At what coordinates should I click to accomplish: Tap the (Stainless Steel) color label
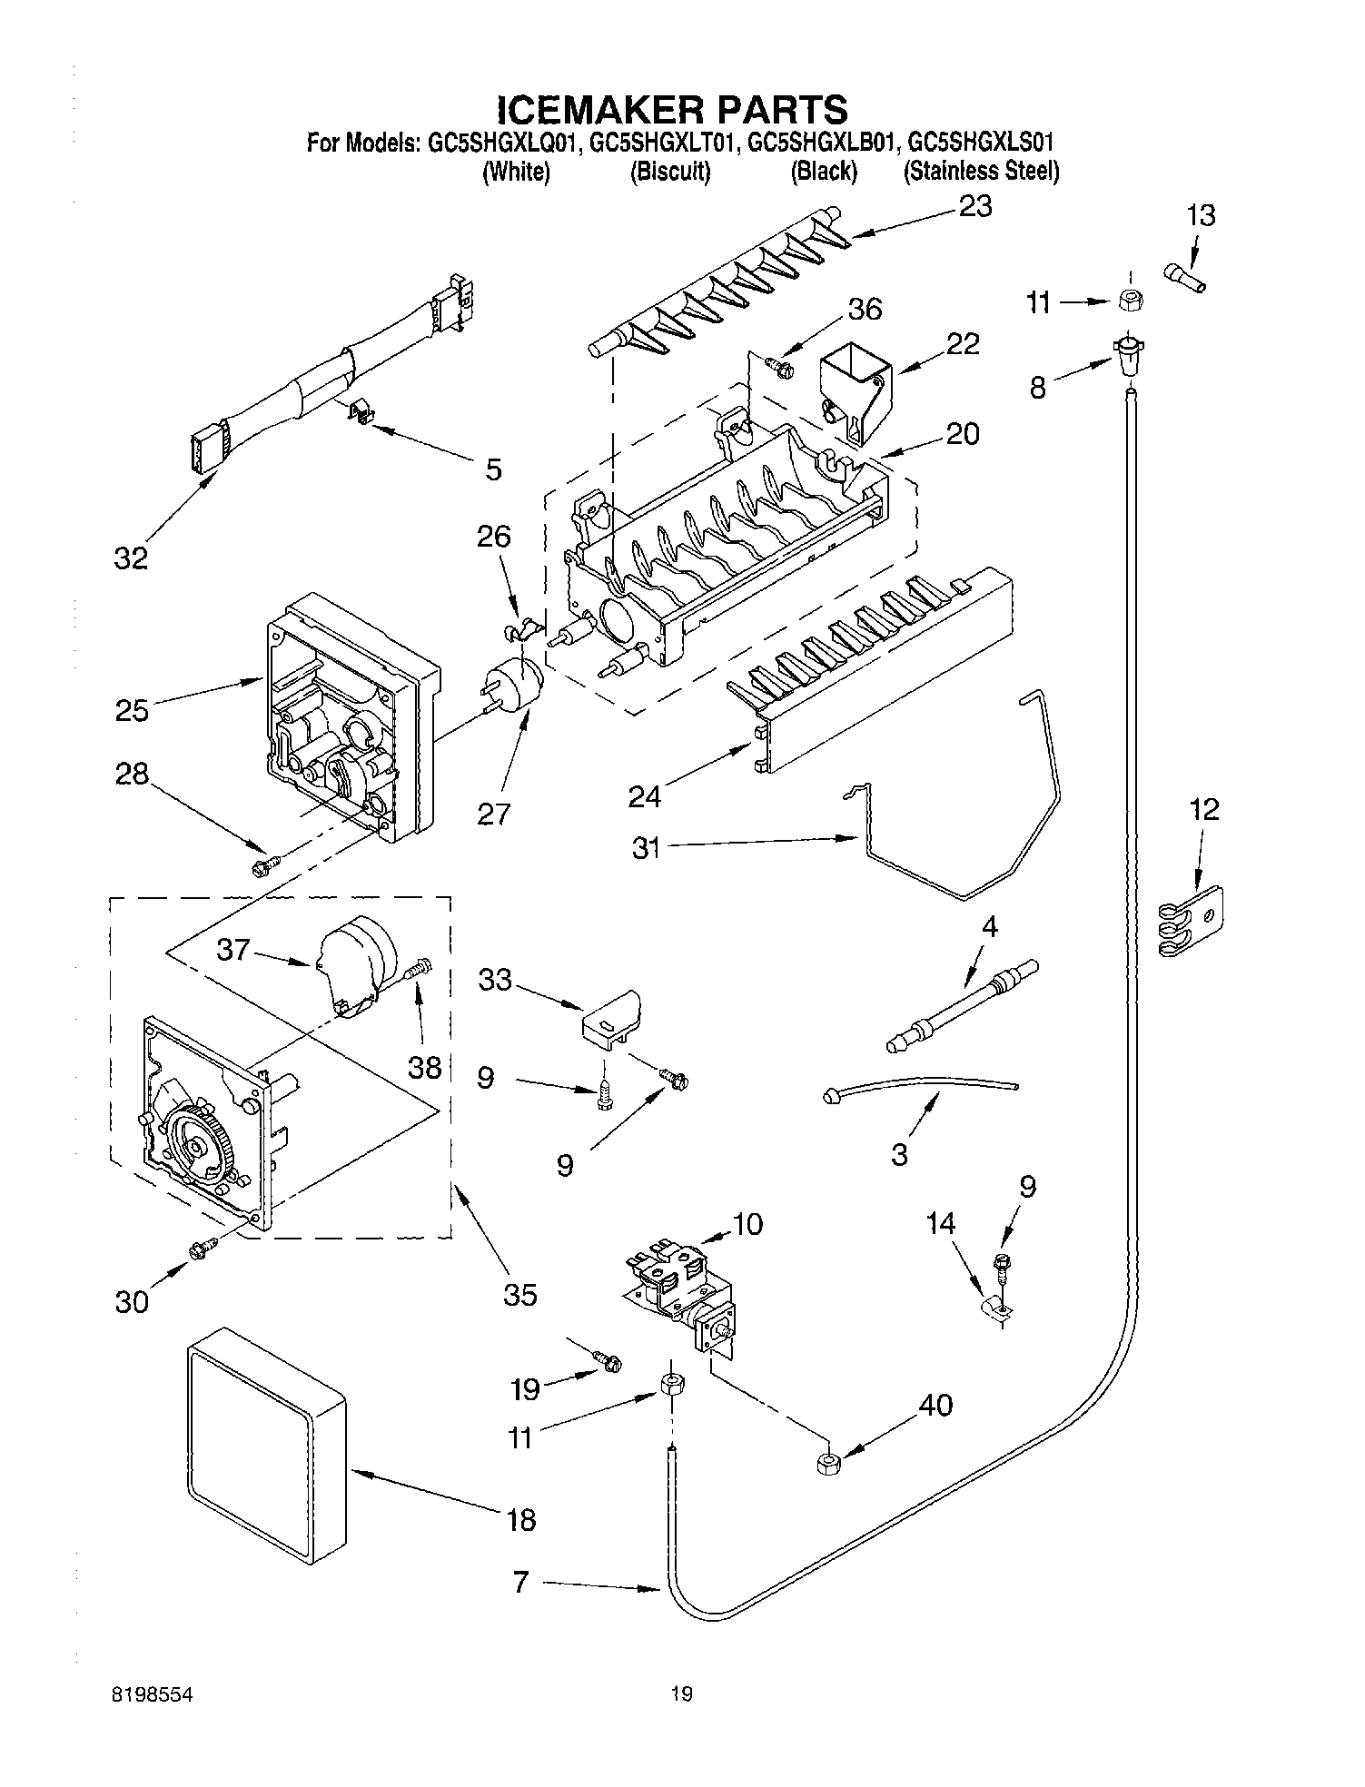pyautogui.click(x=980, y=171)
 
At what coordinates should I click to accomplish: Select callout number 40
pyautogui.click(x=935, y=1406)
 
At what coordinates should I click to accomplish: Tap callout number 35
pyautogui.click(x=519, y=1293)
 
